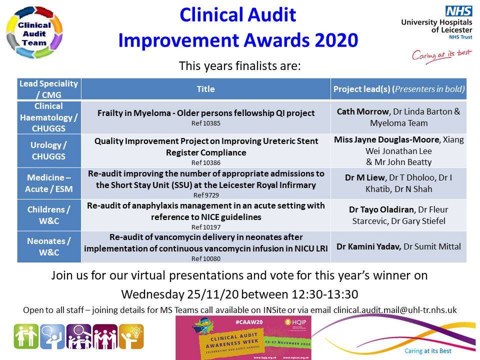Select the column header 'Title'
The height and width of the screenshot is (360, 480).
click(x=205, y=89)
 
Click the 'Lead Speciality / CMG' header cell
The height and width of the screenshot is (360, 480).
click(x=49, y=89)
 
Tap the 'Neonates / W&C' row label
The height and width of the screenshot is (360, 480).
click(x=49, y=246)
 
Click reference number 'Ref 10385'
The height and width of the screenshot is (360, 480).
click(x=205, y=122)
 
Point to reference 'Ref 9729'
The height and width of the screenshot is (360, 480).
click(x=205, y=195)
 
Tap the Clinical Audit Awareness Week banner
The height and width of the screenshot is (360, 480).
click(x=243, y=337)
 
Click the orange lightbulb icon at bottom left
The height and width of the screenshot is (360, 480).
click(x=131, y=336)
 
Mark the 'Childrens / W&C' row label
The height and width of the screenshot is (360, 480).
click(x=49, y=215)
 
